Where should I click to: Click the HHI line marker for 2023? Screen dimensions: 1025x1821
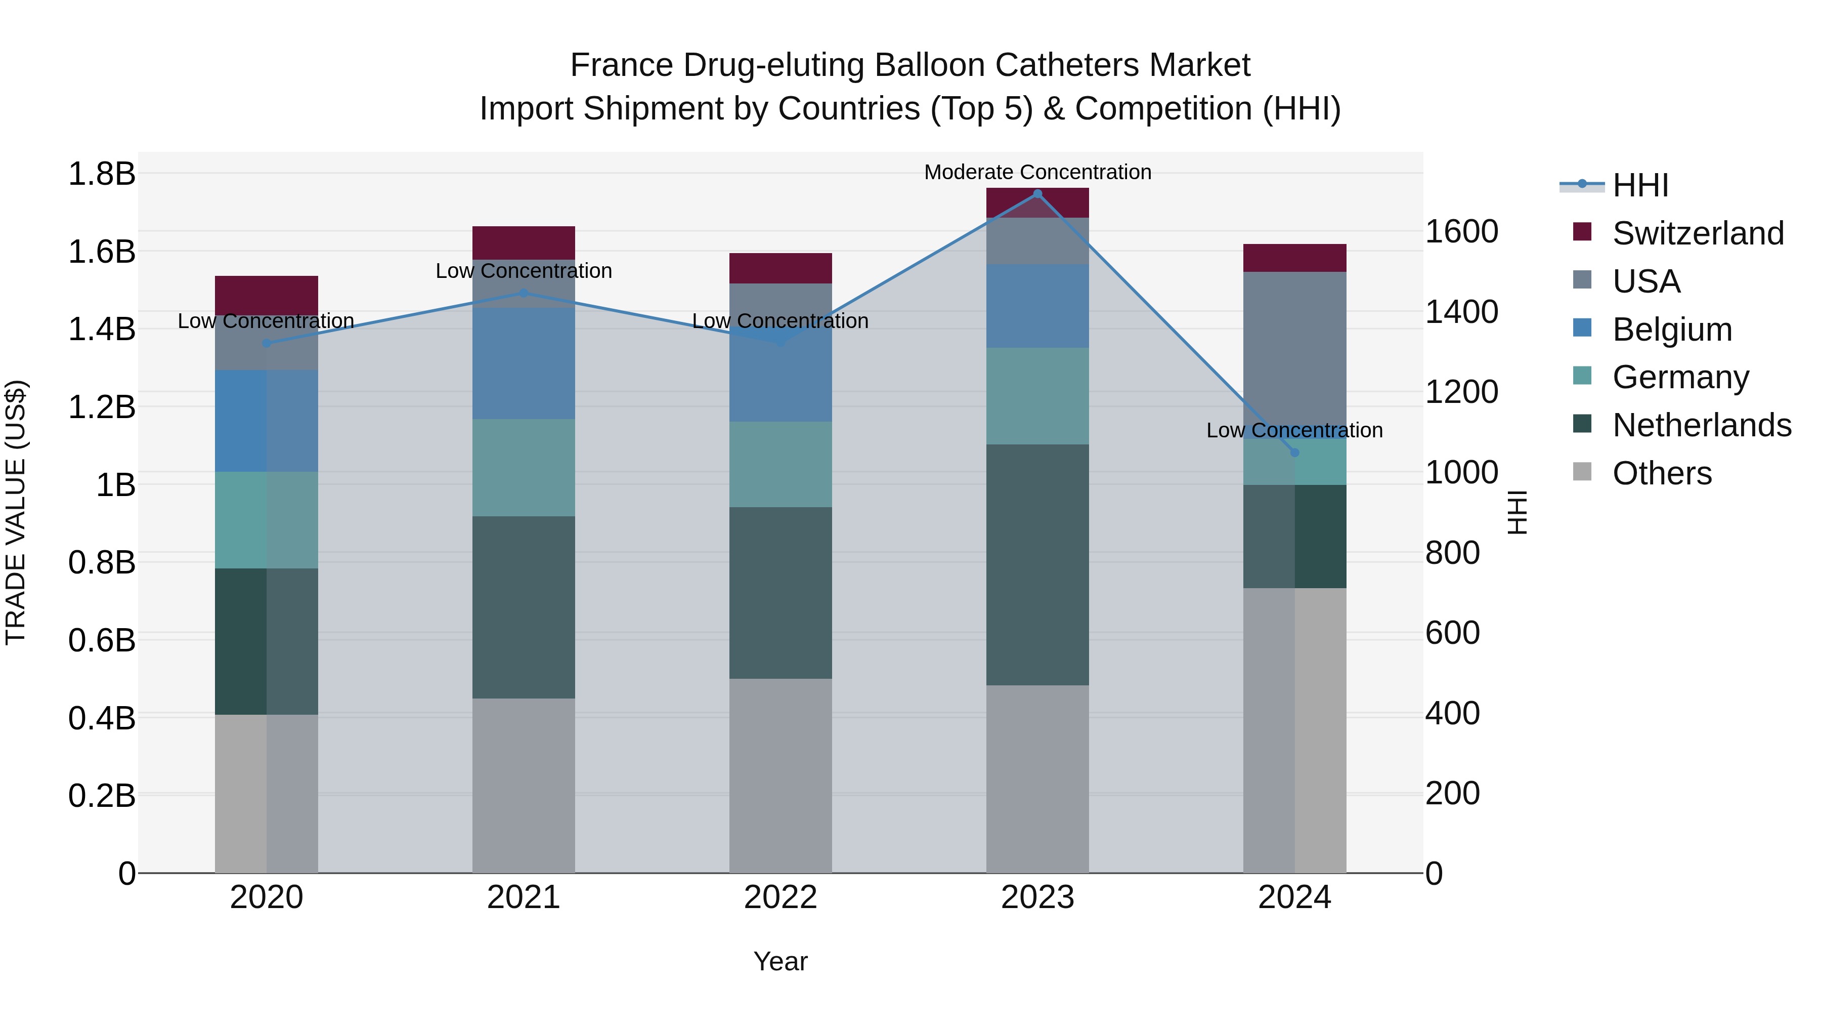click(x=1037, y=193)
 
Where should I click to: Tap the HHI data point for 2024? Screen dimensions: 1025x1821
click(x=1294, y=453)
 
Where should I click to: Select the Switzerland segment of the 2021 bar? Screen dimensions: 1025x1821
click(x=523, y=242)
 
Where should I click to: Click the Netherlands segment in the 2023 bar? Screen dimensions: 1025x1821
click(x=1037, y=564)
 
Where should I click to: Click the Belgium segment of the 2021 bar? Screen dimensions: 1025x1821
click(x=523, y=363)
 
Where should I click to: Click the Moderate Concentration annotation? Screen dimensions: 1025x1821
click(x=1037, y=172)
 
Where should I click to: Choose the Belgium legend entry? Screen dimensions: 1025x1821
click(x=1672, y=330)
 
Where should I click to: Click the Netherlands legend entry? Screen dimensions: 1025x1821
click(x=1702, y=425)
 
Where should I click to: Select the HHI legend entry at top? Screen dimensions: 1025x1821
click(x=1640, y=185)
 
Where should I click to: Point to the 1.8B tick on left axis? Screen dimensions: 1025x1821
click(x=101, y=173)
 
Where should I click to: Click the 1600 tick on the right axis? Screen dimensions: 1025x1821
click(x=1460, y=231)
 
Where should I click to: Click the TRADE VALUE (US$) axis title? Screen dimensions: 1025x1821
click(x=16, y=512)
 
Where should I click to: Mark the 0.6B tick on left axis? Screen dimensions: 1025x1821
click(x=101, y=640)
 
